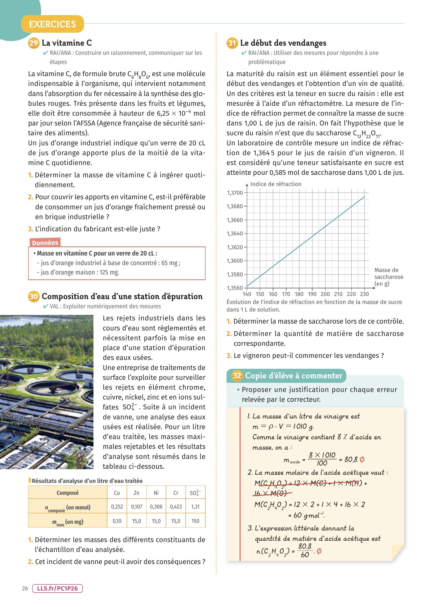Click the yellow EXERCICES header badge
[x=52, y=24]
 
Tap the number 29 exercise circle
[x=34, y=43]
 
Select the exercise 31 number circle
[x=232, y=43]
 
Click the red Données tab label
[x=45, y=243]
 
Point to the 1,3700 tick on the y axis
[x=235, y=193]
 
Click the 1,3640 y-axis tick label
[x=235, y=234]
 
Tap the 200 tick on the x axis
[x=325, y=294]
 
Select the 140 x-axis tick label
[x=247, y=294]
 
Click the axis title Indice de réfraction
[x=276, y=184]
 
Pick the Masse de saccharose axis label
[x=388, y=277]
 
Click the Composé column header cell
[x=68, y=493]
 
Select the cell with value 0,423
[x=176, y=507]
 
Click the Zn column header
[x=137, y=493]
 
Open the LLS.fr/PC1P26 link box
[x=57, y=588]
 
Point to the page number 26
[x=25, y=588]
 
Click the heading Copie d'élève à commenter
[x=293, y=376]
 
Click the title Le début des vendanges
[x=283, y=43]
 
